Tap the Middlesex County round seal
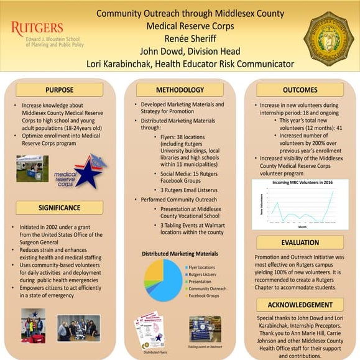click(x=328, y=37)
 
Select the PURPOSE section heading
click(x=59, y=90)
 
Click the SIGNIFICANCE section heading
click(x=59, y=208)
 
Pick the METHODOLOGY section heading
click(x=180, y=90)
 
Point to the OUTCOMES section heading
click(x=300, y=90)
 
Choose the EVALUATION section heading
click(x=300, y=243)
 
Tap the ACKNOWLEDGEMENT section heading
click(x=300, y=304)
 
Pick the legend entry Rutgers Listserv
click(x=204, y=274)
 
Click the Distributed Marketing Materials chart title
click(x=180, y=254)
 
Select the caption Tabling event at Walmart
click(x=205, y=346)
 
